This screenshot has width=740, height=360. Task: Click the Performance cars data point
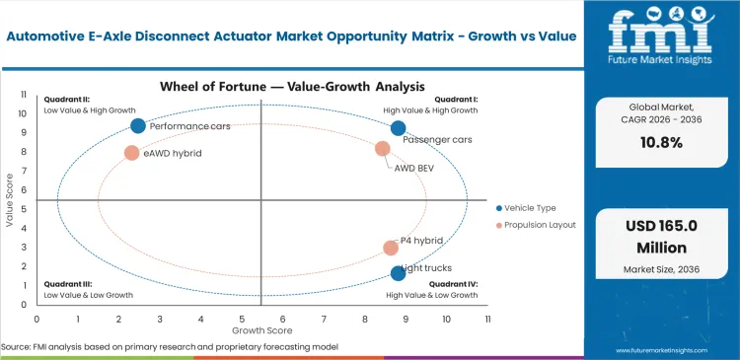point(138,125)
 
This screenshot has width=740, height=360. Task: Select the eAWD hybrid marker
point(131,153)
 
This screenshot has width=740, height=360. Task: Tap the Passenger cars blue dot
point(398,128)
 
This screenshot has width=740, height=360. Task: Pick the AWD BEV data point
point(383,149)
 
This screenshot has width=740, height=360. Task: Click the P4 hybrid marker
point(391,249)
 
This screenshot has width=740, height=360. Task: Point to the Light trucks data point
point(398,273)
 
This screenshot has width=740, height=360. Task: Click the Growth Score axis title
point(261,330)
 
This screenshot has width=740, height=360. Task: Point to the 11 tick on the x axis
point(487,320)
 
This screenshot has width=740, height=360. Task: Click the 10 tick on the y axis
point(23,113)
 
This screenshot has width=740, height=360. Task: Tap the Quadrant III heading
point(65,284)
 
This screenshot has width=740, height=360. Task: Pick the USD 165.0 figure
point(661,227)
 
